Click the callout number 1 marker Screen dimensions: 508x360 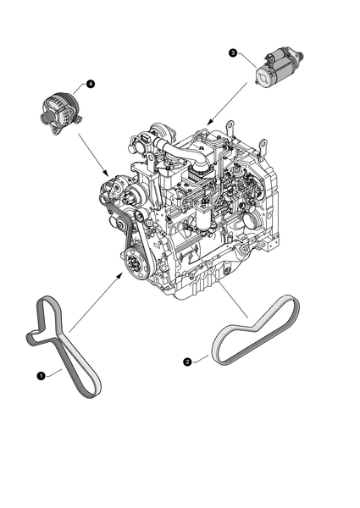(40, 373)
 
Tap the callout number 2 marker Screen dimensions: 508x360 (187, 362)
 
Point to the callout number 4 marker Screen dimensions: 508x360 (89, 83)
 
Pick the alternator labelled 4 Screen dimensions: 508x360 (59, 110)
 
